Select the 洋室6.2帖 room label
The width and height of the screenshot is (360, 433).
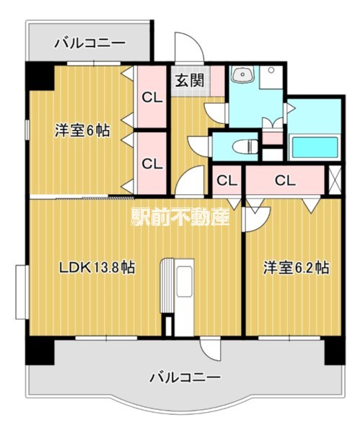(296, 268)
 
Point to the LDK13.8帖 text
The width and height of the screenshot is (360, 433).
(97, 268)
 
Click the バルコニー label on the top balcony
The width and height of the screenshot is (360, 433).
(89, 43)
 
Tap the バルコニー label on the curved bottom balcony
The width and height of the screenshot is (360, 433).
(185, 377)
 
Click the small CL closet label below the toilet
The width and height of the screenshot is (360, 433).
(227, 180)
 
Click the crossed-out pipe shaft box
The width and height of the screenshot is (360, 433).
(335, 178)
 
